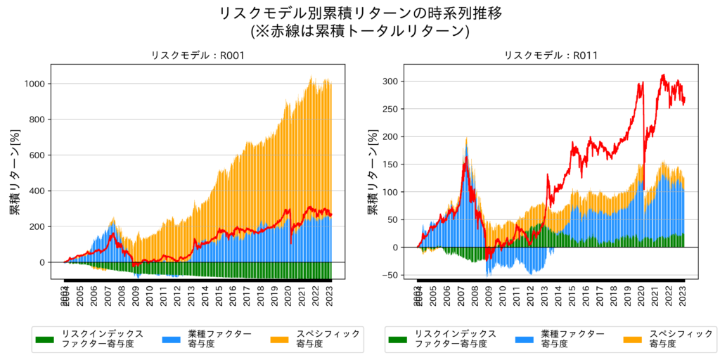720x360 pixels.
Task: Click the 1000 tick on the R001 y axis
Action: point(35,84)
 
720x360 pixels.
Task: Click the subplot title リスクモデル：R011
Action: point(551,56)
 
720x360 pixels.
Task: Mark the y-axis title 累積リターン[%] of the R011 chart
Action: point(371,172)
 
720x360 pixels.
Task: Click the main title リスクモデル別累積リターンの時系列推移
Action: point(360,13)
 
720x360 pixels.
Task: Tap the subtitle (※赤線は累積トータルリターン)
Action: point(360,31)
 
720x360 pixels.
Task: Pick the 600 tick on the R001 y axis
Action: point(38,155)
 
